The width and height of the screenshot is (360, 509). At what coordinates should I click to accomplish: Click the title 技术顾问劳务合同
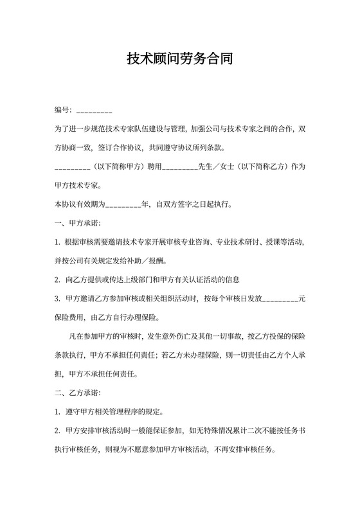pos(179,60)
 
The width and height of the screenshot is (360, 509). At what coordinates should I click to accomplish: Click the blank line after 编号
pos(94,112)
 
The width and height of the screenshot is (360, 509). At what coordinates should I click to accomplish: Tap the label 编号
pos(63,112)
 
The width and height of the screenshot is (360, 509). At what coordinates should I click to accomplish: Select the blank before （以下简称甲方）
pos(73,167)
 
